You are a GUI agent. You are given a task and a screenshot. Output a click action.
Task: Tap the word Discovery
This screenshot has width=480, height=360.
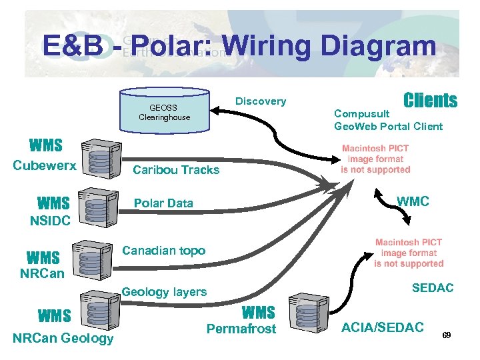point(261,101)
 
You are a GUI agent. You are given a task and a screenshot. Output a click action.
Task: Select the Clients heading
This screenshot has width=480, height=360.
point(430,101)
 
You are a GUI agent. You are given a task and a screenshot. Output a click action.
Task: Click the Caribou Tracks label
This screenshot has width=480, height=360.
point(176,170)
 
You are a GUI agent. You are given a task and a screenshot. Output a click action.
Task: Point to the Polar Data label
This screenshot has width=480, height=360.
point(163,203)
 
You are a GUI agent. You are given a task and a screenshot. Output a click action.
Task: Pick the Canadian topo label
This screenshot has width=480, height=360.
point(165,251)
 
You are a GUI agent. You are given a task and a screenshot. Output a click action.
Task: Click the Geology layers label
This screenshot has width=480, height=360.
point(164,292)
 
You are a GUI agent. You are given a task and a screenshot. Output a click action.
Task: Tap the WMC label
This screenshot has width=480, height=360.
point(413,201)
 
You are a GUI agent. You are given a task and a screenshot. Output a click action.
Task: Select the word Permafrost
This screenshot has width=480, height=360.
point(241,329)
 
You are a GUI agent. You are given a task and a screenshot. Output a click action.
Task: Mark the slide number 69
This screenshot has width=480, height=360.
point(447,335)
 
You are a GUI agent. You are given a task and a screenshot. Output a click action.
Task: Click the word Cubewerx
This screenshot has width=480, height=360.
point(45,166)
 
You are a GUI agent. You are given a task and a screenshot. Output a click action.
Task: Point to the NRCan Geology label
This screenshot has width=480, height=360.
point(63,339)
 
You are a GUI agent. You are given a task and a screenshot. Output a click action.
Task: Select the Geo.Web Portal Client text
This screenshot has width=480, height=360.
point(388,127)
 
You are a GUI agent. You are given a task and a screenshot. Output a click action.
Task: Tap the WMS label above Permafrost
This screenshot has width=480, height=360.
point(258,312)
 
